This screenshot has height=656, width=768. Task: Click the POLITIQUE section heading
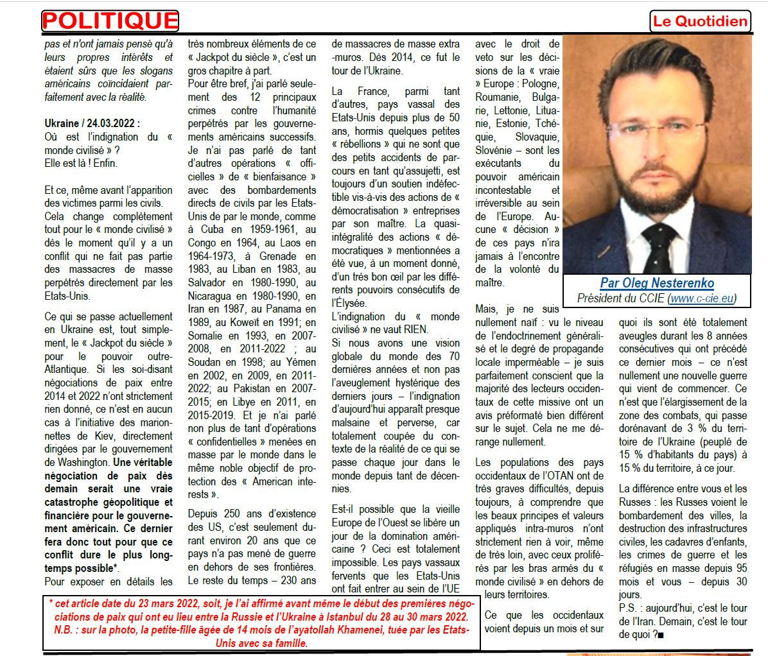[110, 21]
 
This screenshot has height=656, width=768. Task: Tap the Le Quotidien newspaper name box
[700, 21]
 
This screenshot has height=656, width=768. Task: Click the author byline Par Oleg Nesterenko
[657, 283]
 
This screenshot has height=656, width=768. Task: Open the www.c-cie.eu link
[701, 298]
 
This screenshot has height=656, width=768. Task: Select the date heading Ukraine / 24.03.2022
[92, 123]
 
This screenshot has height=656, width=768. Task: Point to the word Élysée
[349, 303]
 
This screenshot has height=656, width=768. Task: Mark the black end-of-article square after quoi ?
[661, 635]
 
